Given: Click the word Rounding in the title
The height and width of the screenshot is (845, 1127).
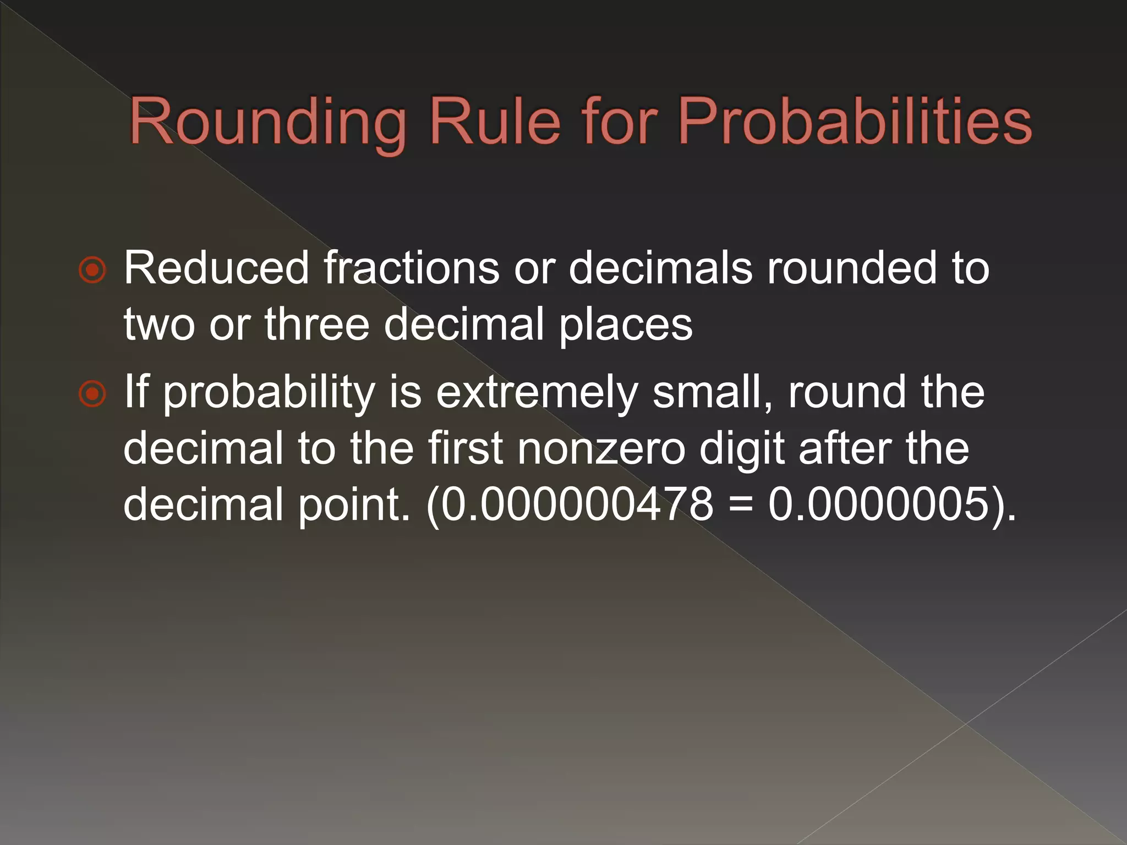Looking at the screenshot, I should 268,122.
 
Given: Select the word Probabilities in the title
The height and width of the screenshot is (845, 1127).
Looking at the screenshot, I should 855,122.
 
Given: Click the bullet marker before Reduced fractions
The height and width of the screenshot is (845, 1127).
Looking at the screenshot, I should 92,270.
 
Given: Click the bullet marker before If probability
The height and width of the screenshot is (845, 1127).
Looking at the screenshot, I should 92,394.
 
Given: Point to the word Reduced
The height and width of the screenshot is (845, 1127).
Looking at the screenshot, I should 216,268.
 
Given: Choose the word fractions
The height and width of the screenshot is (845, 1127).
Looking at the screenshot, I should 411,268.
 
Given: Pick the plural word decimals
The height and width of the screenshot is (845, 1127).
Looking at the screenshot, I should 660,268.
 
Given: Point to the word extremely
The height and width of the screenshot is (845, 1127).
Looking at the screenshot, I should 537,393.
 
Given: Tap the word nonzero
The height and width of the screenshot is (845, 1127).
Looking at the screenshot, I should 601,448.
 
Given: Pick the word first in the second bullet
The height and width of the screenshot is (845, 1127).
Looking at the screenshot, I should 466,448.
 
